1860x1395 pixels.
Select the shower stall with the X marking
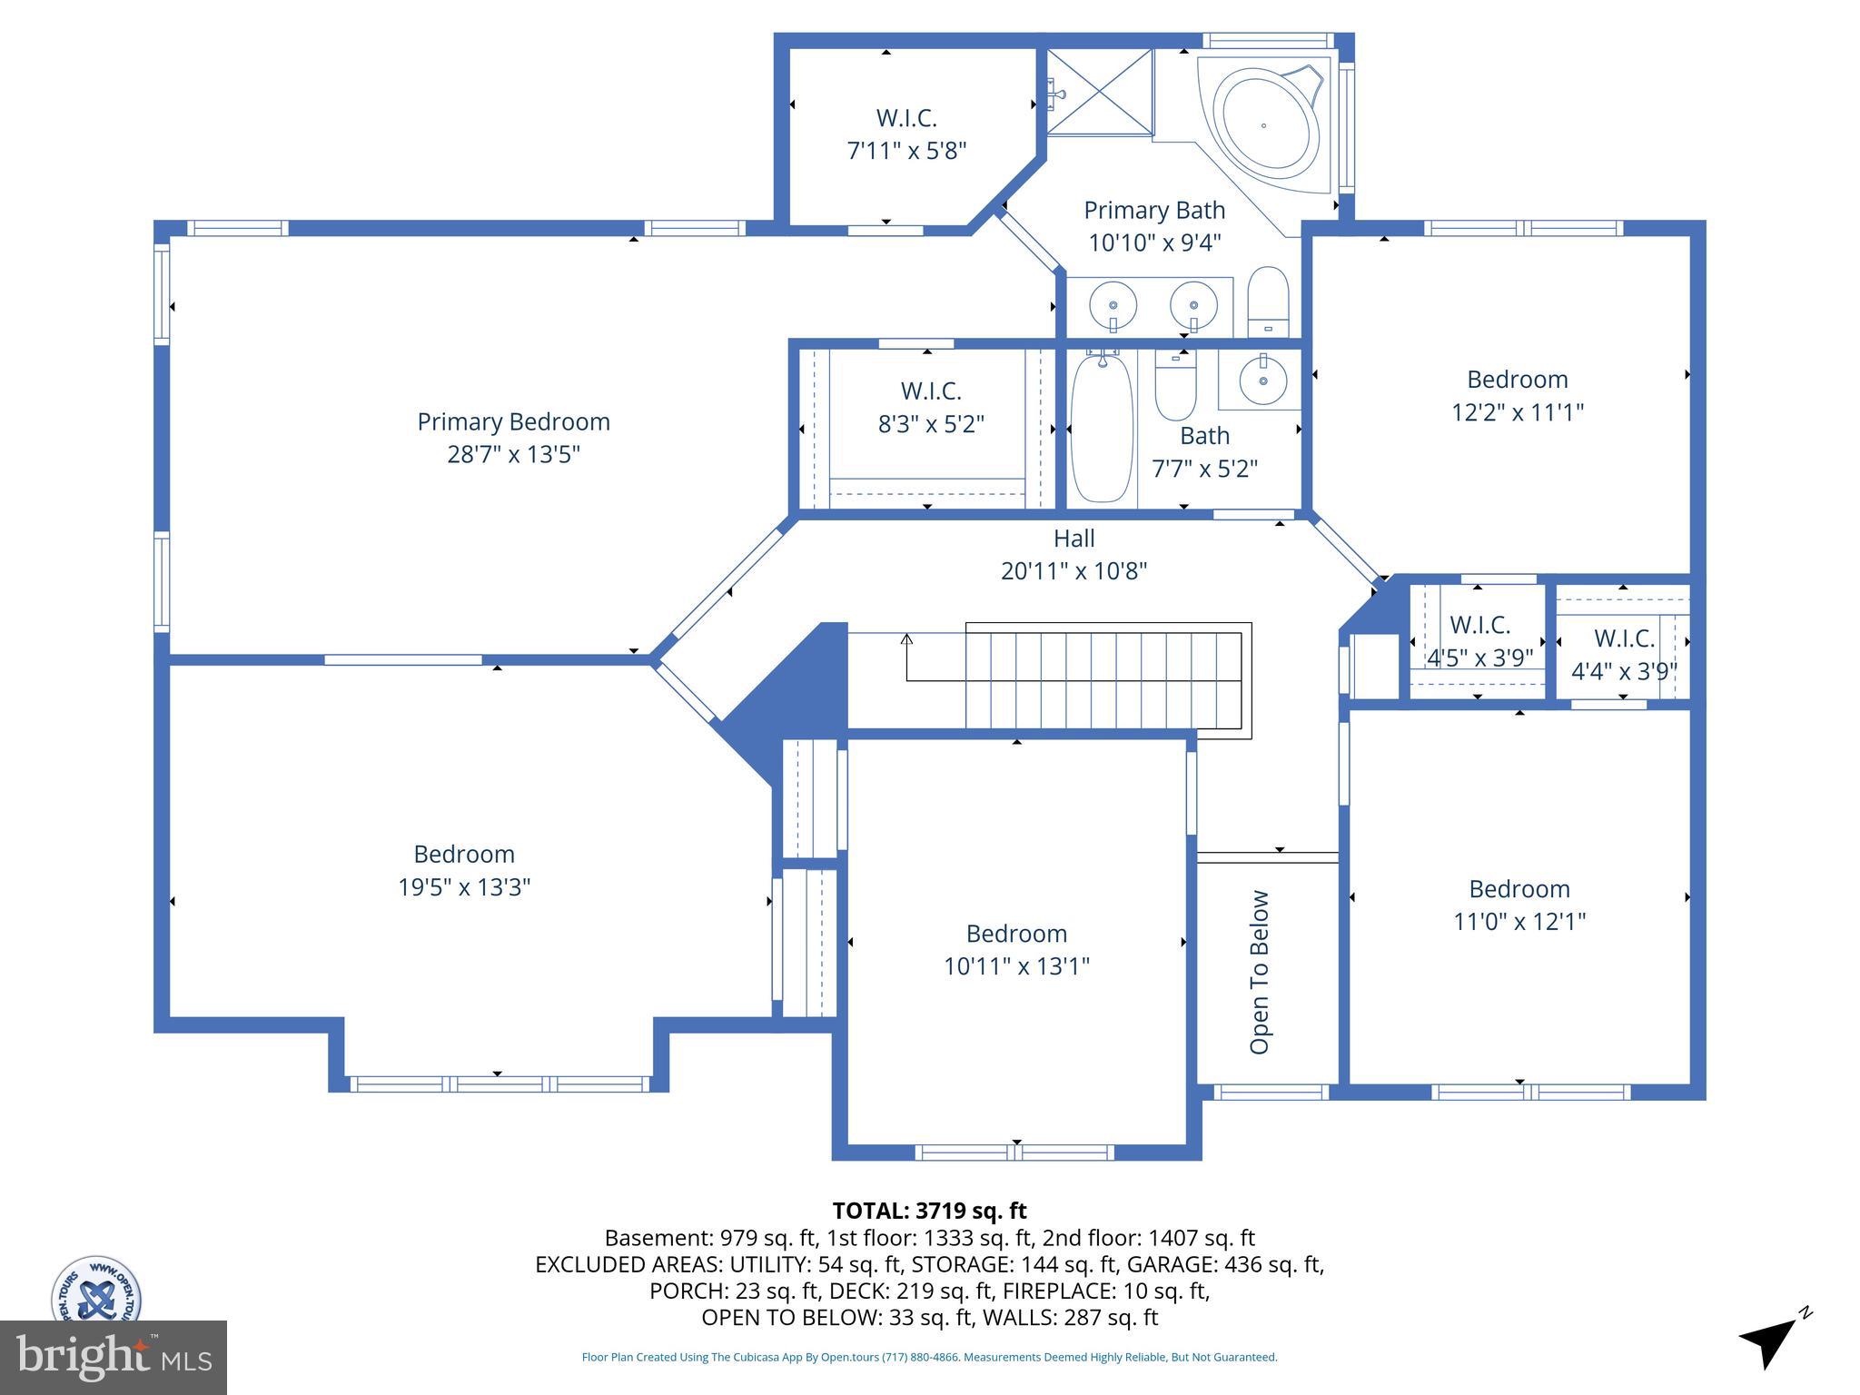(x=1099, y=92)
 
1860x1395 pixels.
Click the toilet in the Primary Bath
(x=1268, y=302)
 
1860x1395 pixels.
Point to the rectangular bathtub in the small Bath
(x=1102, y=429)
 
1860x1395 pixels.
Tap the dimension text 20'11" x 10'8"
(x=1073, y=571)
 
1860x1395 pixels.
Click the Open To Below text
(x=1260, y=972)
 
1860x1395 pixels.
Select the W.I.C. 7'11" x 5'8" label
(x=906, y=134)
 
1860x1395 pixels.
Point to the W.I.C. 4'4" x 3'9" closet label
(x=1624, y=655)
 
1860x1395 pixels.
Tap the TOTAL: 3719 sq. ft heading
(x=929, y=1211)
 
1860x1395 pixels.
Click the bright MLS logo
(x=114, y=1357)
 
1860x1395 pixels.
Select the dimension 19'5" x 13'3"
(x=464, y=887)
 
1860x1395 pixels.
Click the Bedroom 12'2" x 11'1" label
(x=1517, y=395)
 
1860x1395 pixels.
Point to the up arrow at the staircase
(x=906, y=641)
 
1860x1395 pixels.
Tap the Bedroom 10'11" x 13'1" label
(x=1016, y=950)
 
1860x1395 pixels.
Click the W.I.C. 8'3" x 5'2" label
(x=931, y=407)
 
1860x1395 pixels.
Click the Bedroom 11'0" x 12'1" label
(x=1519, y=905)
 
